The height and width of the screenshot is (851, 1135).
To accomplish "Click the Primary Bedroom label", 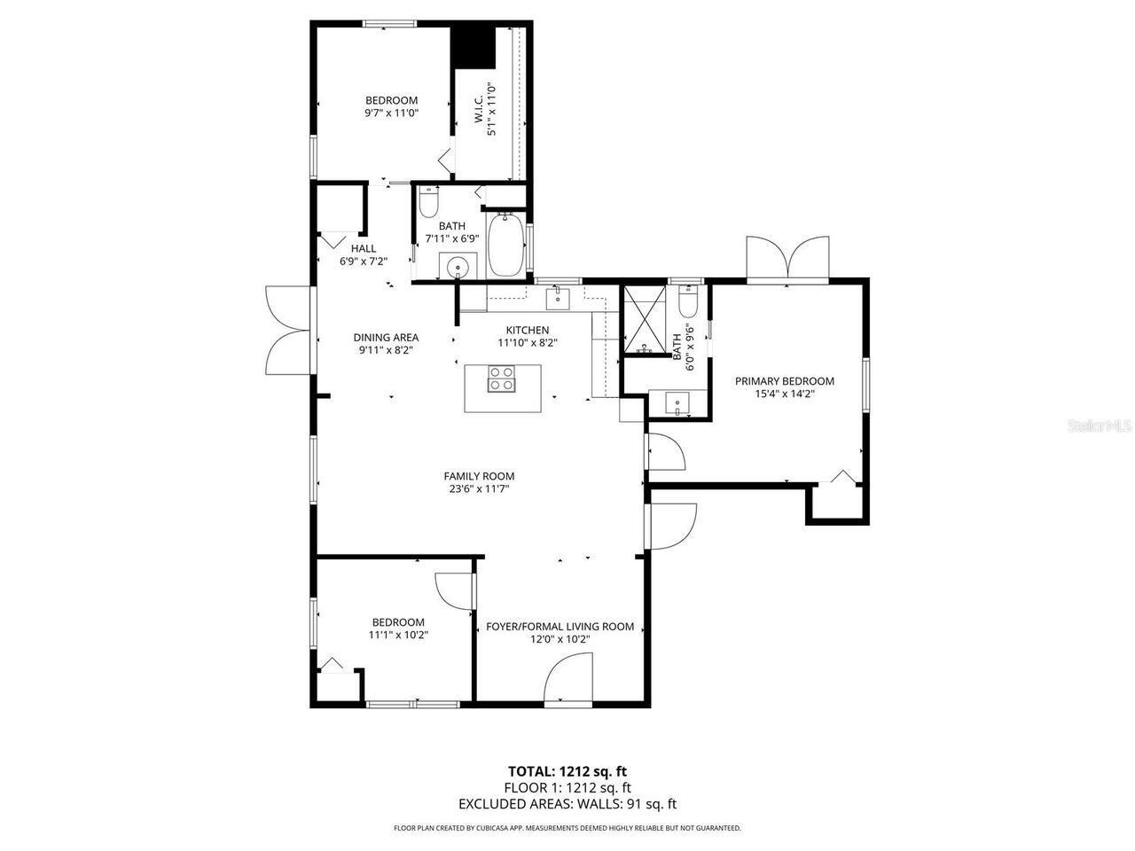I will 785,381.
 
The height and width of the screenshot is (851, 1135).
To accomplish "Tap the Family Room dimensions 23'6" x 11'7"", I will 479,488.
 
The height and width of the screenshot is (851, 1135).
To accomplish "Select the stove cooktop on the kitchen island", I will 501,379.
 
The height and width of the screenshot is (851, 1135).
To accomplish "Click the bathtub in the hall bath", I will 505,244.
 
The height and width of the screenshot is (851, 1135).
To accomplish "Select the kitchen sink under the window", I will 557,297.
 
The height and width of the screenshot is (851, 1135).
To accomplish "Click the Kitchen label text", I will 528,330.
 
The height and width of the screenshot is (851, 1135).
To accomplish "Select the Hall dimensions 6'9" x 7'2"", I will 364,262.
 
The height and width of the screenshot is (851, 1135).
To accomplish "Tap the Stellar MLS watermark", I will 1100,425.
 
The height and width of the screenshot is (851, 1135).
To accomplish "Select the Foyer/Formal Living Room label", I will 560,626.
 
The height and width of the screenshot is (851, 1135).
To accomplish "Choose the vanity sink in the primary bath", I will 678,403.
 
